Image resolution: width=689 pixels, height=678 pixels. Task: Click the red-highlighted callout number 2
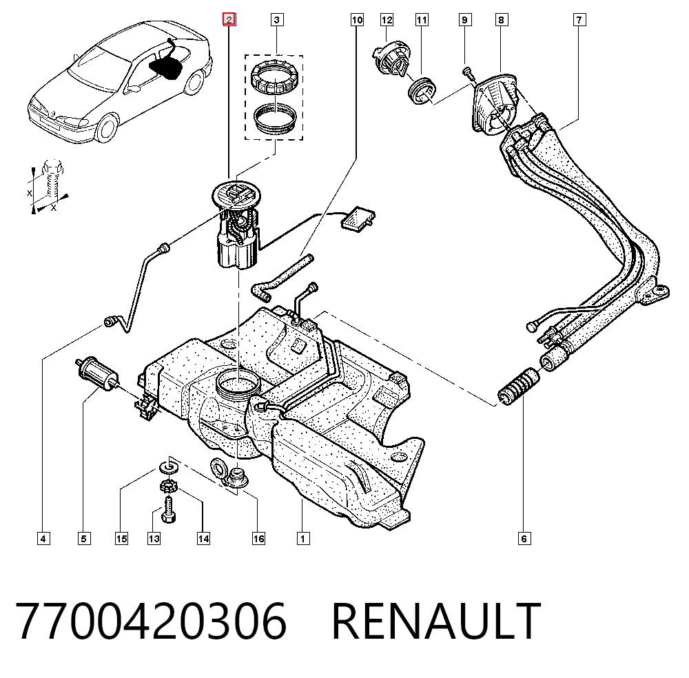[x=229, y=20]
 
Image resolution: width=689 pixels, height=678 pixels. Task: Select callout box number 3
[x=276, y=20]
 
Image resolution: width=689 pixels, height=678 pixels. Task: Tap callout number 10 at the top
[x=357, y=20]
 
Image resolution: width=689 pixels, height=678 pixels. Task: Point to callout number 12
[x=387, y=20]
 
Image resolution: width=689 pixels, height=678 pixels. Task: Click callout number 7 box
[x=579, y=20]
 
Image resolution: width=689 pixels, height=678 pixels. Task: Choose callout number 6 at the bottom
[x=524, y=539]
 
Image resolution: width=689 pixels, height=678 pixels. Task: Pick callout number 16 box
[x=258, y=539]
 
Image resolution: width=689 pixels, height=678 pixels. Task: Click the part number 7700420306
[x=151, y=620]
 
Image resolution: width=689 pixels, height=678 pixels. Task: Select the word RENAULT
[x=436, y=620]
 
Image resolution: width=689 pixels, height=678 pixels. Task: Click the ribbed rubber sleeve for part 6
[x=519, y=387]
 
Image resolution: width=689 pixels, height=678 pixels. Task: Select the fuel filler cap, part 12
[x=391, y=60]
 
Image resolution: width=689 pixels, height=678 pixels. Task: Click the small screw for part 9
[x=469, y=72]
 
